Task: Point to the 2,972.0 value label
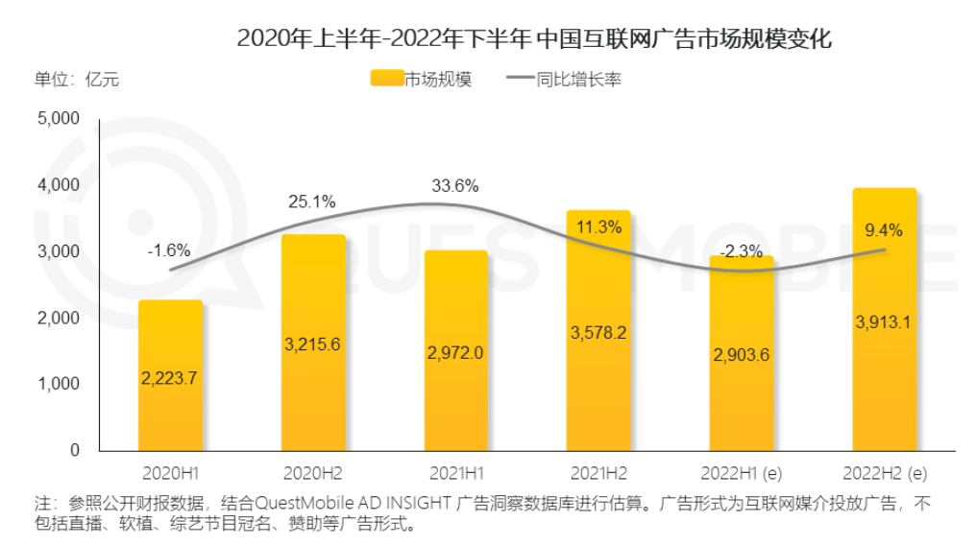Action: [455, 352]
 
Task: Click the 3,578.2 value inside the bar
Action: [598, 333]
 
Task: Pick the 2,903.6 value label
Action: [741, 355]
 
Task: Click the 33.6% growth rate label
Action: [454, 186]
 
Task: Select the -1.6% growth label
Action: [169, 251]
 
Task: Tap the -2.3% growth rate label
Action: [742, 252]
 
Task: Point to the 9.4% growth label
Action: [885, 229]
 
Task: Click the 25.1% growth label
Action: [312, 202]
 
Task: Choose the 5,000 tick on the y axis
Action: [58, 119]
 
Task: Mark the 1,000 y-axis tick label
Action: [58, 384]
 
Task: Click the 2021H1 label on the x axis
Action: [455, 473]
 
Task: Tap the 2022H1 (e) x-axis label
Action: [742, 473]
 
